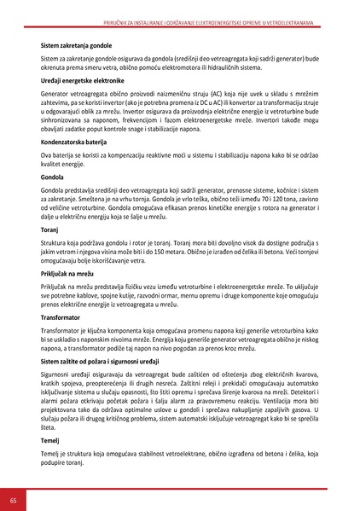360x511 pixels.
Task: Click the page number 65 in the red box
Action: click(13, 499)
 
